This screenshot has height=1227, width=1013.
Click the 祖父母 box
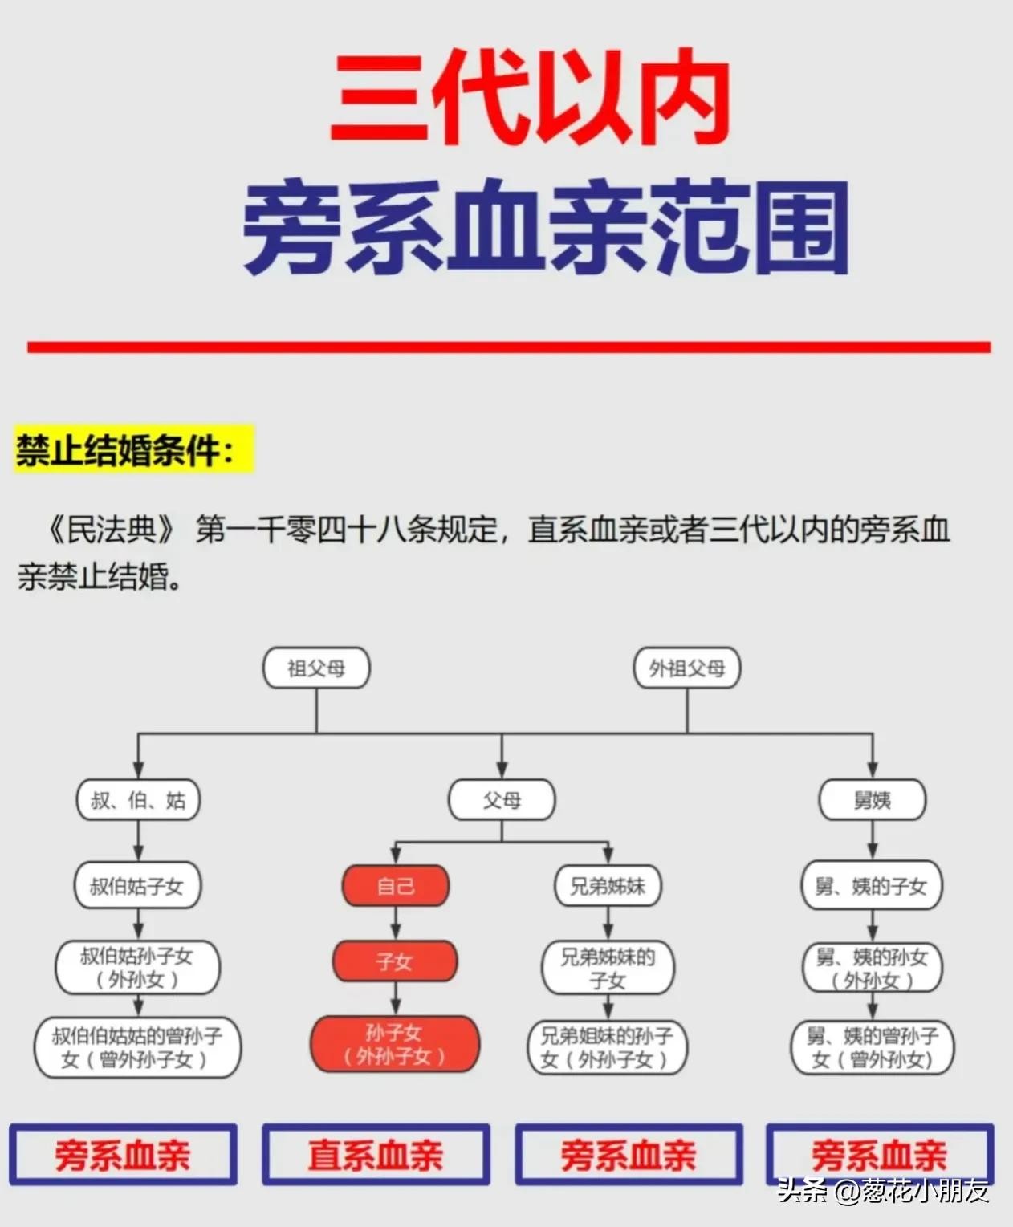click(x=316, y=668)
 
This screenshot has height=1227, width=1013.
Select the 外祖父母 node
click(x=686, y=668)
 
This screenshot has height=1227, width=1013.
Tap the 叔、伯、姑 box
click(x=137, y=800)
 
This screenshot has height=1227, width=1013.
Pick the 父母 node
click(x=502, y=800)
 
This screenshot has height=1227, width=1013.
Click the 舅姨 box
click(x=872, y=800)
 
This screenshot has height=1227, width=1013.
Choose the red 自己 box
click(x=395, y=886)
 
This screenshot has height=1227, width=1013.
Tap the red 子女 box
click(x=395, y=961)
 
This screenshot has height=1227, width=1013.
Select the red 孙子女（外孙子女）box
click(x=395, y=1045)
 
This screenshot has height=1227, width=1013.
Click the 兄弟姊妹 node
click(x=608, y=886)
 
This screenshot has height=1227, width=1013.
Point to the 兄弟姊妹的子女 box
click(x=608, y=969)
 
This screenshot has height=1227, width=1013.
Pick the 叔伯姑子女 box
click(x=137, y=886)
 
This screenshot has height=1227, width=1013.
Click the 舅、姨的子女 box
click(x=872, y=886)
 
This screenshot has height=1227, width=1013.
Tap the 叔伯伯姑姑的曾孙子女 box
click(x=137, y=1048)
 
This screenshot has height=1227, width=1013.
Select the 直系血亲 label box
click(x=376, y=1155)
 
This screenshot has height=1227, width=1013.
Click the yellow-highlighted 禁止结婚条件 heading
click(x=133, y=450)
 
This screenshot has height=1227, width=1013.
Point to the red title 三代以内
click(x=530, y=99)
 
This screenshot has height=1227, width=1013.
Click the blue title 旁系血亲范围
click(x=546, y=227)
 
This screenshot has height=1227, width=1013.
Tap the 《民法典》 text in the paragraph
click(x=111, y=530)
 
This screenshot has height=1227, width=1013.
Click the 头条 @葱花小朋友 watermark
click(x=883, y=1192)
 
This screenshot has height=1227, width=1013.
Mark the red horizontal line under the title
click(x=509, y=347)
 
